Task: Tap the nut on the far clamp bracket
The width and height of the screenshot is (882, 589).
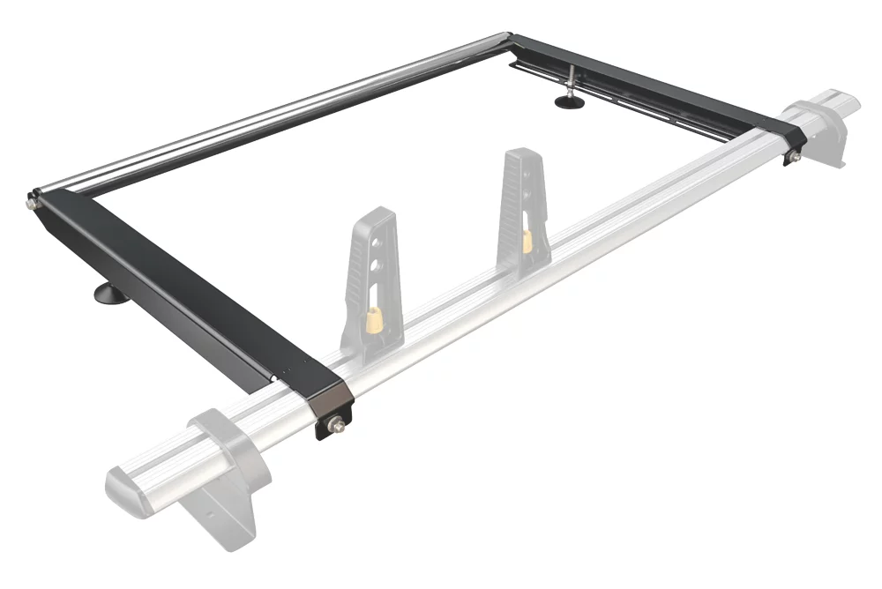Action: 792,156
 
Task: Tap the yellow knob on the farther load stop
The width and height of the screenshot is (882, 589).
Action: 527,240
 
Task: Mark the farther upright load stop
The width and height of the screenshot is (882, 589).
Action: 520,207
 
